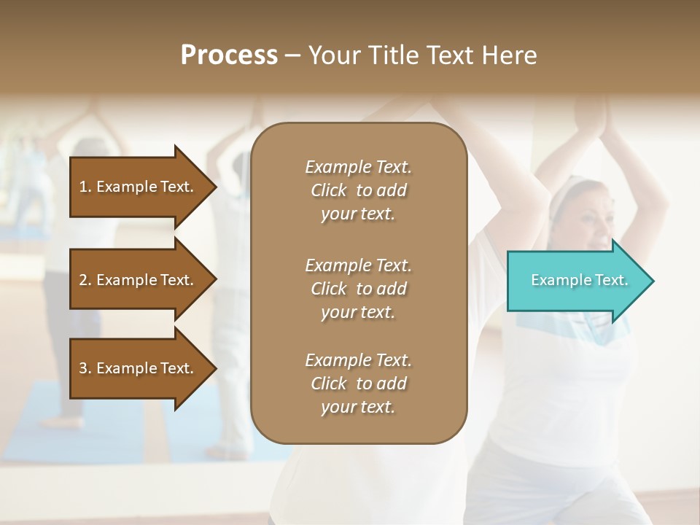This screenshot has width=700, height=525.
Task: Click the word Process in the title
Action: (x=229, y=55)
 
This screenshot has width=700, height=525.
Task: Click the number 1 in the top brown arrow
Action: (x=83, y=187)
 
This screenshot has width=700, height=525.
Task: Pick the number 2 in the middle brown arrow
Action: (x=83, y=280)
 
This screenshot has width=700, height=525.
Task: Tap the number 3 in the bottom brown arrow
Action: (x=83, y=368)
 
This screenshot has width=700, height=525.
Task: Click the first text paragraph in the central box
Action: (x=358, y=190)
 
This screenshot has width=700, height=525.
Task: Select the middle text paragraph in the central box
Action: (x=358, y=289)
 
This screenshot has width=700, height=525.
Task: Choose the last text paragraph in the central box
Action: (x=358, y=384)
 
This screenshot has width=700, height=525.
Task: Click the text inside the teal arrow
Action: (x=579, y=280)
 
